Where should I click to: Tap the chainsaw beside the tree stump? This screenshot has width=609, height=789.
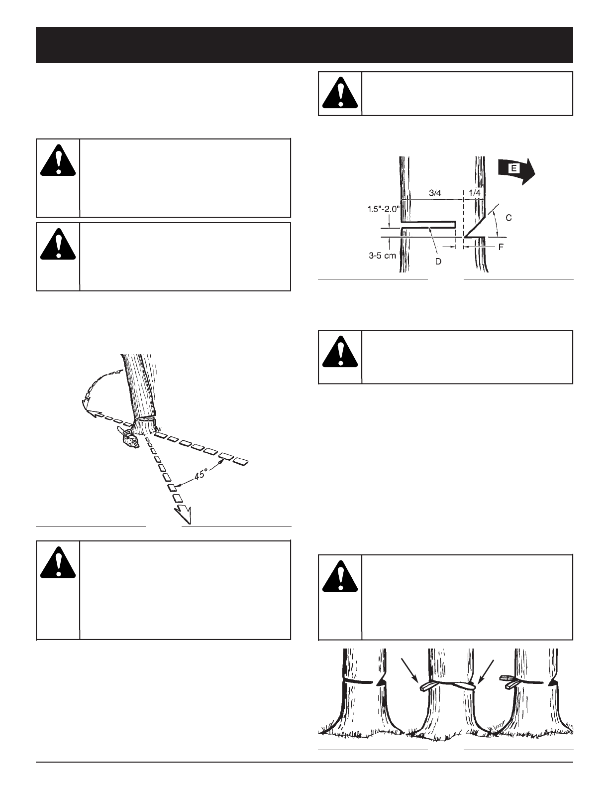tap(128, 438)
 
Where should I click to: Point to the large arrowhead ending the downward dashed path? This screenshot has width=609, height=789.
tap(183, 511)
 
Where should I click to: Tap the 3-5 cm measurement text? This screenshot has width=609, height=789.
tap(382, 255)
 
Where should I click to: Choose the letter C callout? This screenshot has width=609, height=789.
tap(508, 218)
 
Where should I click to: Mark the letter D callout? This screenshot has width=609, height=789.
tap(438, 261)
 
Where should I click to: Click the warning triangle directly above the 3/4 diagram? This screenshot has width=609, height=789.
tap(340, 94)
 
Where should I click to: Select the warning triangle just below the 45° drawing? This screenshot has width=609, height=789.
tap(58, 563)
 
